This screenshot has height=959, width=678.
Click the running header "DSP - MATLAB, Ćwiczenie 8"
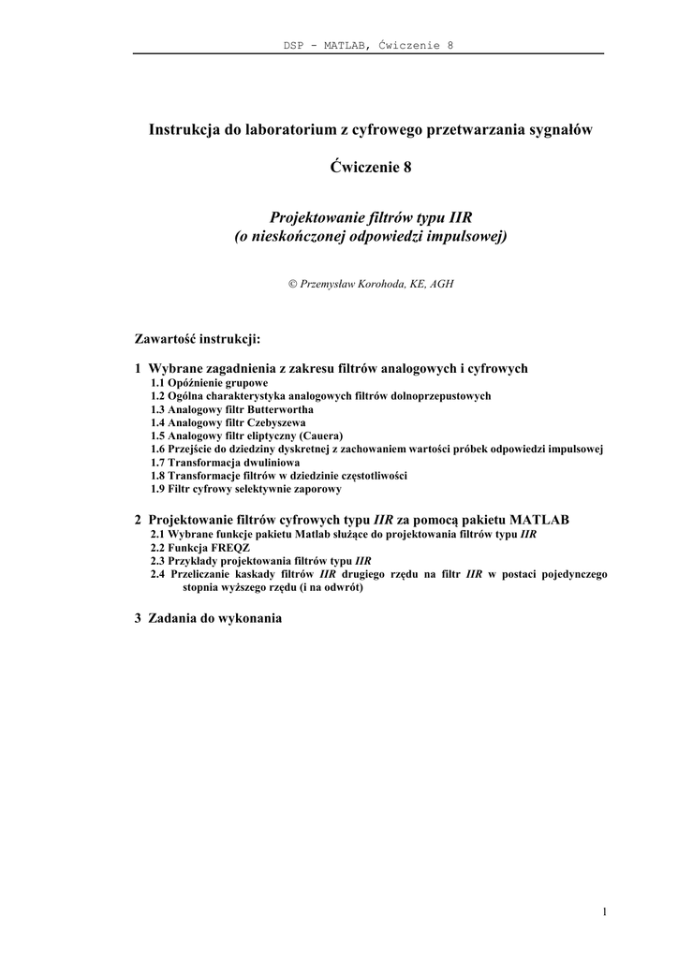click(x=368, y=45)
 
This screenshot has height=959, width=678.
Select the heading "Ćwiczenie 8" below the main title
click(x=369, y=168)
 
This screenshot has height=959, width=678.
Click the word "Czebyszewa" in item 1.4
click(x=275, y=423)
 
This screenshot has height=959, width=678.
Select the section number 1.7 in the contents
click(x=158, y=463)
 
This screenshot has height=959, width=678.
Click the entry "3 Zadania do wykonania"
click(x=208, y=618)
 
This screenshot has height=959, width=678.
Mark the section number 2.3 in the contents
click(x=158, y=561)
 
